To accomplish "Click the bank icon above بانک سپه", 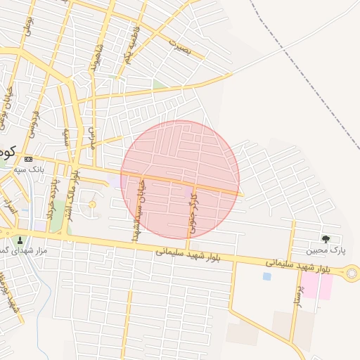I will (28, 160).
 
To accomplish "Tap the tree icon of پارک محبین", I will (325, 239).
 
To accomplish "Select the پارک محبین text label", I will (325, 250).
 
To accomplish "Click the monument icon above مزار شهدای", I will (20, 240).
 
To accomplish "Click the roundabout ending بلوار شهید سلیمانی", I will (351, 273).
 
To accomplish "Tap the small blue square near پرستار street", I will (266, 276).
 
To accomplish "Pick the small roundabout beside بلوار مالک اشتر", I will (92, 204).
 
